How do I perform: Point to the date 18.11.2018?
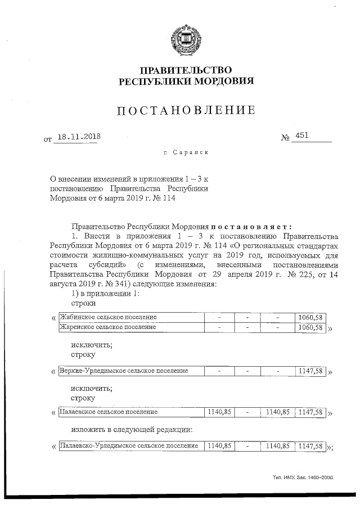click(x=78, y=136)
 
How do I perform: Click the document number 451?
click(x=303, y=136)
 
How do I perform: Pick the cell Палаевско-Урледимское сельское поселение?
click(x=129, y=446)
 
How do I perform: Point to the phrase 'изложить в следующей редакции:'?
click(x=132, y=430)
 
